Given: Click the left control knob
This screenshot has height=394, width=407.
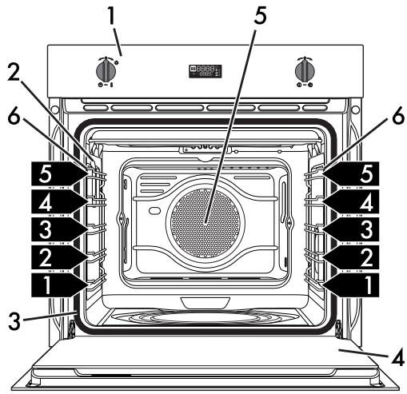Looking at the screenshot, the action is [x=106, y=71].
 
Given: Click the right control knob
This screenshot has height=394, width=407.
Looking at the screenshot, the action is [x=305, y=71].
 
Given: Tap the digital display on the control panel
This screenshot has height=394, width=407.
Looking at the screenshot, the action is [x=205, y=71].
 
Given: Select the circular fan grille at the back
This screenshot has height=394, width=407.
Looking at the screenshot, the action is [x=205, y=223].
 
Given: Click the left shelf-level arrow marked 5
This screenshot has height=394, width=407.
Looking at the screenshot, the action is [x=59, y=173].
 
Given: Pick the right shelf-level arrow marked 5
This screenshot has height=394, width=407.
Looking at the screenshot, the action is [x=351, y=173].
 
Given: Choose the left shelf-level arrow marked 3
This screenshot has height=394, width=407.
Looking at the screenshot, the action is [x=59, y=229].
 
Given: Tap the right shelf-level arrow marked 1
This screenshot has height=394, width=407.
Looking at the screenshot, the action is [x=351, y=285].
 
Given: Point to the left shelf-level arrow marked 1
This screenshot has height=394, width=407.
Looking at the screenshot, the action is [x=59, y=285].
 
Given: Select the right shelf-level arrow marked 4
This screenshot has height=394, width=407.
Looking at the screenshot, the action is [x=351, y=201].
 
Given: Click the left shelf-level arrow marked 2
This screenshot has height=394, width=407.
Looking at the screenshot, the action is [x=59, y=257].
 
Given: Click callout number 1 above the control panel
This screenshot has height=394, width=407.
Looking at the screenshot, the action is [x=111, y=16].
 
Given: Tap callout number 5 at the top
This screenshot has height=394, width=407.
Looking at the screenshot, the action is [x=260, y=14].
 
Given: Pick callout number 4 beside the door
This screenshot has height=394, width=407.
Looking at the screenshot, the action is [x=398, y=357].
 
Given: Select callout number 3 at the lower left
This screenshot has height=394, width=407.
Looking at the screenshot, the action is [x=14, y=321].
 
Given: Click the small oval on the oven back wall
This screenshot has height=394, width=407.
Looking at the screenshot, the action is [x=154, y=210].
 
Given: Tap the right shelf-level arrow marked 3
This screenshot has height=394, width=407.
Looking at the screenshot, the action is [x=351, y=229].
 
